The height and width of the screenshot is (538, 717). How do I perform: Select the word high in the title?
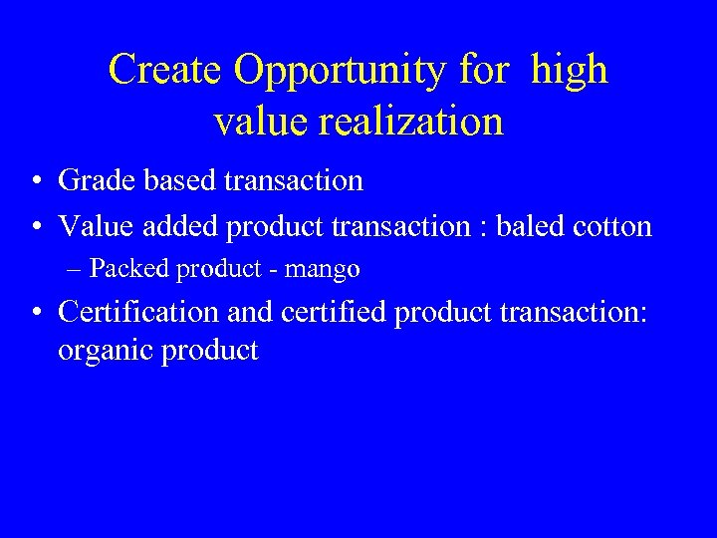[569, 70]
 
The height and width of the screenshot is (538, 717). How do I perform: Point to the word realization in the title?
[413, 122]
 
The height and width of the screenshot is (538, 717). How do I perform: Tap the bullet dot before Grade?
[35, 182]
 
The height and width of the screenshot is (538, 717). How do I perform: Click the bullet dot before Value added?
[35, 228]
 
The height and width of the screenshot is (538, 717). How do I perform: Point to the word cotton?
[614, 227]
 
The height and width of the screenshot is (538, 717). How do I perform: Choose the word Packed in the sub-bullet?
[126, 269]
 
